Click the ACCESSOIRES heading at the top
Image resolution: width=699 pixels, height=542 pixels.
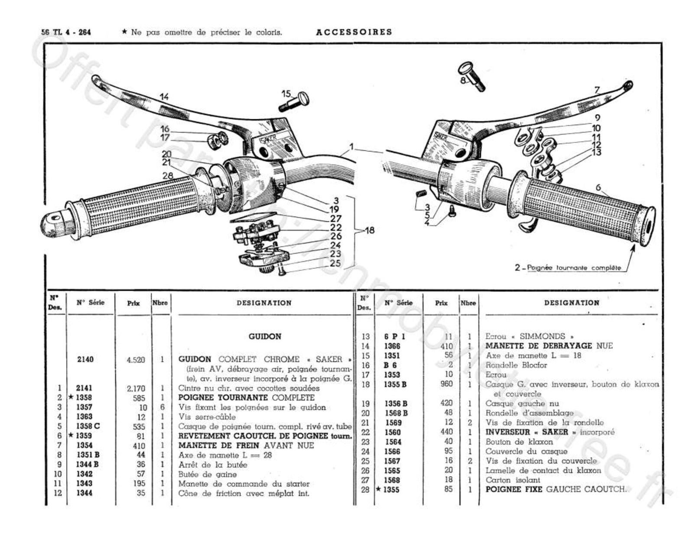pos(354,32)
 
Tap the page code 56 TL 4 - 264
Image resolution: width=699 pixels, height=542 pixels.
pos(66,32)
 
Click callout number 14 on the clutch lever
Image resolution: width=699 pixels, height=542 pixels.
pos(164,97)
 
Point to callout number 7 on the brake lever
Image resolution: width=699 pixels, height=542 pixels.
pos(597,90)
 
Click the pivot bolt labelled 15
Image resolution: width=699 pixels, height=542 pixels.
pos(298,101)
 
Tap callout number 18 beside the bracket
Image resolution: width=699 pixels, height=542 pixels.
pos(369,230)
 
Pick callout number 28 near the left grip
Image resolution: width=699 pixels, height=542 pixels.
pos(168,176)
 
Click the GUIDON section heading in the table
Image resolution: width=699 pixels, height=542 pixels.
pos(265,336)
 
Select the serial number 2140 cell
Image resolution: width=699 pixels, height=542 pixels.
pos(85,359)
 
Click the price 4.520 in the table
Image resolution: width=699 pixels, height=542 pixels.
pos(136,360)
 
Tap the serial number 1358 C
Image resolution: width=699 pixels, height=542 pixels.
pos(88,426)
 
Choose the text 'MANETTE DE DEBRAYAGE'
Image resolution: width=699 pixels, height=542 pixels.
pos(538,346)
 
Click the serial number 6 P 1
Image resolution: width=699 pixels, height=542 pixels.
pos(394,336)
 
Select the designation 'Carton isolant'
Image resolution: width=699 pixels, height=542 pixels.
pos(513,480)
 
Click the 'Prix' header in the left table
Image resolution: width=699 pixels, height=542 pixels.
pos(133,303)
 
